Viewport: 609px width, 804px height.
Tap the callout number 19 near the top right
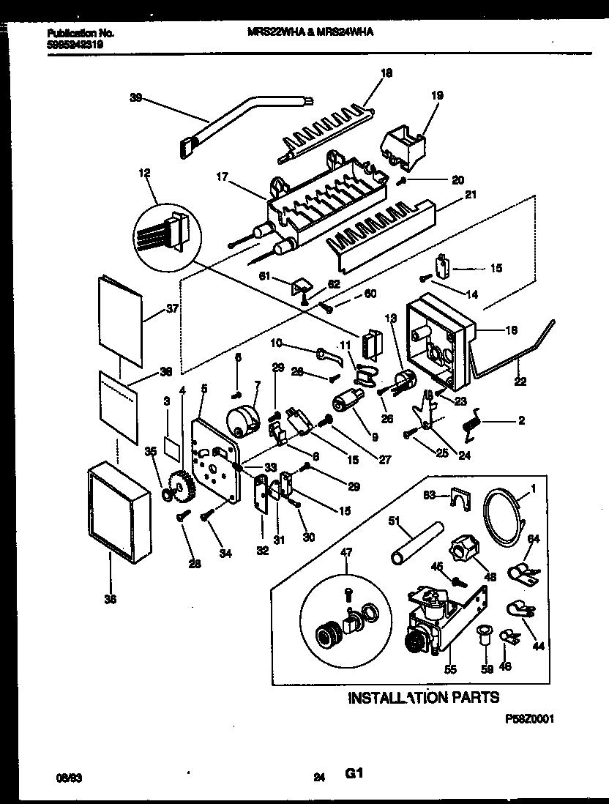pyautogui.click(x=438, y=95)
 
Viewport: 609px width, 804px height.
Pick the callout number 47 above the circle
pyautogui.click(x=346, y=573)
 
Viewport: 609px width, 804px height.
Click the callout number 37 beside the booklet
pyautogui.click(x=173, y=308)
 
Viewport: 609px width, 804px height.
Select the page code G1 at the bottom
pyautogui.click(x=355, y=774)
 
